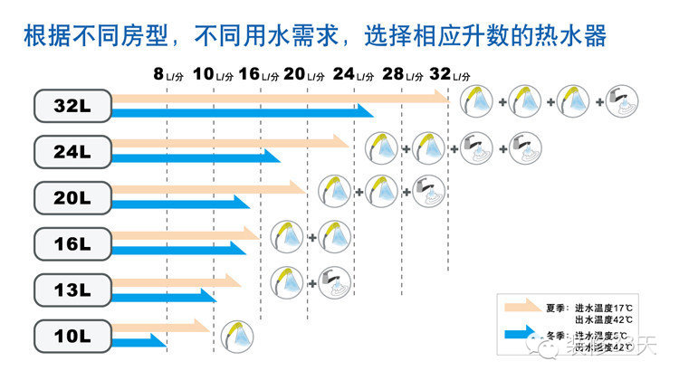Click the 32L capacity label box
point(72,105)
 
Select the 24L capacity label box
point(72,151)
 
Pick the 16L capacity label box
point(72,243)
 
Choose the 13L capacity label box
point(72,290)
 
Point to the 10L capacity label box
point(72,337)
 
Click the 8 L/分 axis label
point(168,74)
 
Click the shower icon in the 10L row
point(236,335)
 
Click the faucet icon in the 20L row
point(428,190)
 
